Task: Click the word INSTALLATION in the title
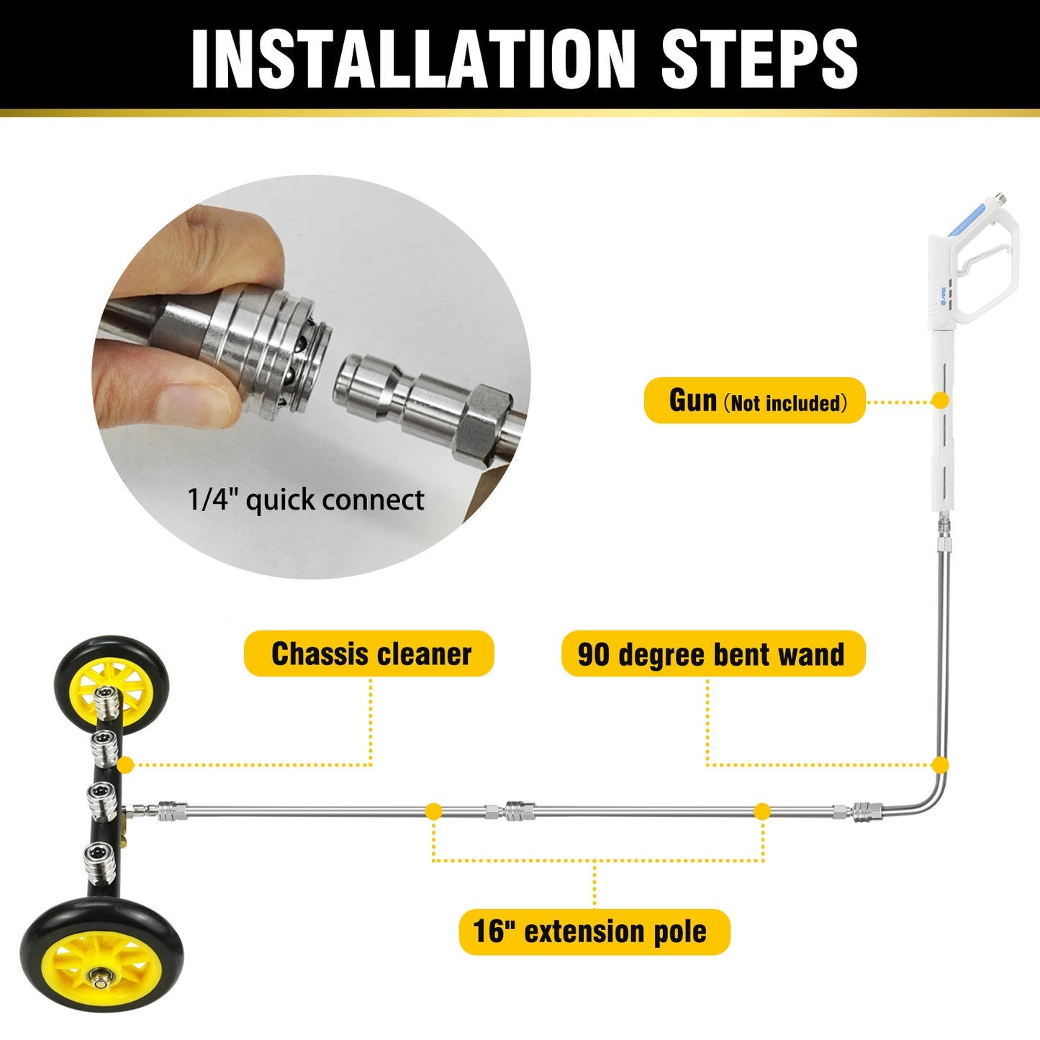coord(413,59)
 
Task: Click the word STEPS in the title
coord(759,59)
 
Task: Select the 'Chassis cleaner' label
coord(369,654)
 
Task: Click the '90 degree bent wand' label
coord(713,654)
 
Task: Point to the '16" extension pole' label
coord(594,931)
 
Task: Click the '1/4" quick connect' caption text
coord(305,499)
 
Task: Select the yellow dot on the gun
coord(939,400)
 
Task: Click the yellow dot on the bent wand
coord(939,764)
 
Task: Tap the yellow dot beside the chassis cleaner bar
coord(125,764)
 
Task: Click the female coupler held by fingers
coord(266,345)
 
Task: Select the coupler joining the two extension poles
coord(518,811)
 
